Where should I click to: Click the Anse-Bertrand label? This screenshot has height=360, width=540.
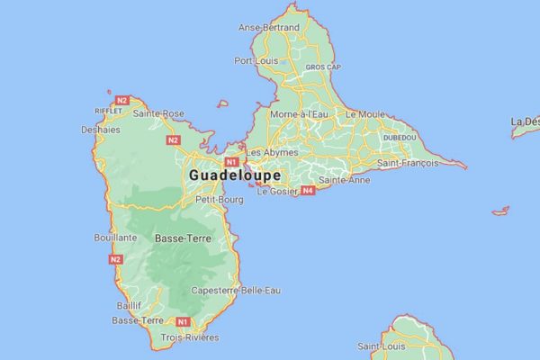[x=268, y=28]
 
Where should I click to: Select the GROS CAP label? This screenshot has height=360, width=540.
[x=321, y=67]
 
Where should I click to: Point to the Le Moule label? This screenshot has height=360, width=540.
[x=364, y=114]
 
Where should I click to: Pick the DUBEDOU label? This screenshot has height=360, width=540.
[x=400, y=137]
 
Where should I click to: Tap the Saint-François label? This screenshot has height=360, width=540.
[x=408, y=163]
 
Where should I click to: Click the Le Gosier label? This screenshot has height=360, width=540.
[x=276, y=191]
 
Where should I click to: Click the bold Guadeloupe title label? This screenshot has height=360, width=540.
[x=236, y=175]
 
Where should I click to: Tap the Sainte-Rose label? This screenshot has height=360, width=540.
[x=158, y=113]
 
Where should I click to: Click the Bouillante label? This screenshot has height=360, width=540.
[x=115, y=238]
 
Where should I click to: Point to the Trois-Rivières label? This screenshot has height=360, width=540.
[x=190, y=337]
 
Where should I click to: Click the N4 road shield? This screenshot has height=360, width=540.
[x=309, y=191]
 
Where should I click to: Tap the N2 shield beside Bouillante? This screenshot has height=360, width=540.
[x=115, y=259]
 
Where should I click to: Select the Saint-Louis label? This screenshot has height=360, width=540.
[x=381, y=346]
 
